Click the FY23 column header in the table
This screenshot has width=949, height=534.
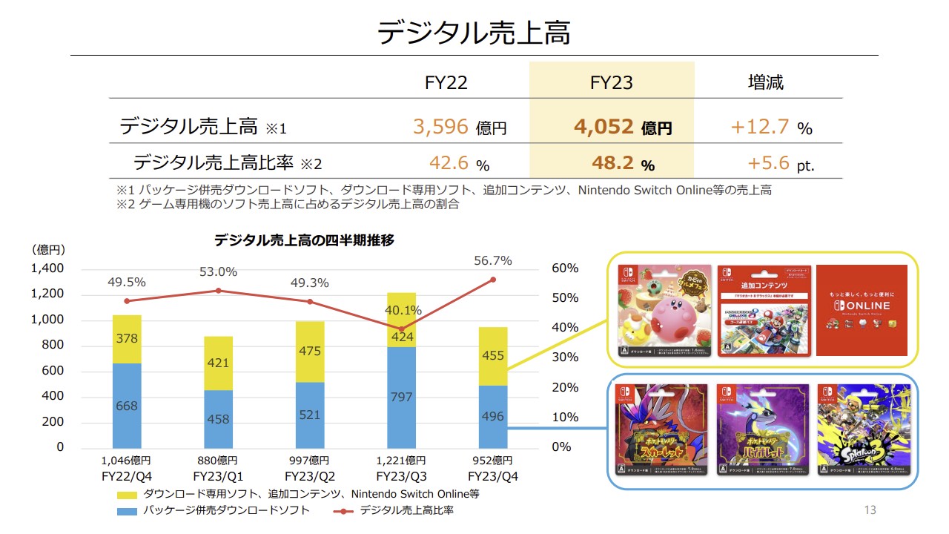612,82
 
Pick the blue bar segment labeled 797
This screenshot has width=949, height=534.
402,398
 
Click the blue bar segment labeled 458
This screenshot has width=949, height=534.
218,419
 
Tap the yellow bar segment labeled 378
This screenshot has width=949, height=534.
127,339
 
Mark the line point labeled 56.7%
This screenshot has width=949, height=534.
492,280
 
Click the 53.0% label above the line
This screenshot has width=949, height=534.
218,272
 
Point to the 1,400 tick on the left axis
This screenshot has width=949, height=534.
47,268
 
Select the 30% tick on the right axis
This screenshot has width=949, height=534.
565,357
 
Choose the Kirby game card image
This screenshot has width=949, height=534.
665,311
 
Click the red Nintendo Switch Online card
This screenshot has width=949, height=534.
862,310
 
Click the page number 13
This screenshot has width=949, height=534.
870,510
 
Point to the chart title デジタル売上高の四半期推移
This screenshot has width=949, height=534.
304,240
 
